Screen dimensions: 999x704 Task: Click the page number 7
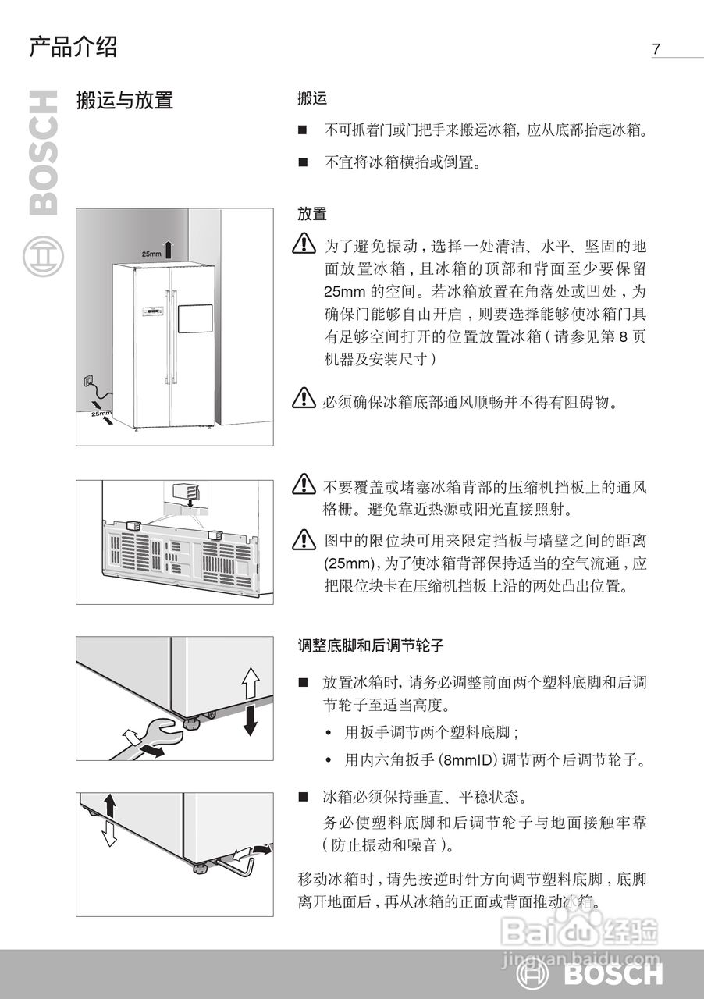point(656,48)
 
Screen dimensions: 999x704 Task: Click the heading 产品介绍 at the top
point(73,47)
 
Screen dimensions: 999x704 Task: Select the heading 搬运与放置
point(124,100)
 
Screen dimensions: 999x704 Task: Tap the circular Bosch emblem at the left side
point(41,257)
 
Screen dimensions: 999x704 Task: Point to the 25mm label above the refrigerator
point(151,254)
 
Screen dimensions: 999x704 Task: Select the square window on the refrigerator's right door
point(195,319)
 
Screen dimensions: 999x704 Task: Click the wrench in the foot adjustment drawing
point(152,738)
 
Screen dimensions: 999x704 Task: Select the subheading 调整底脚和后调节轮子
point(371,646)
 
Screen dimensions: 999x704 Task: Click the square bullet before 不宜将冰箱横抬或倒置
point(303,163)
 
